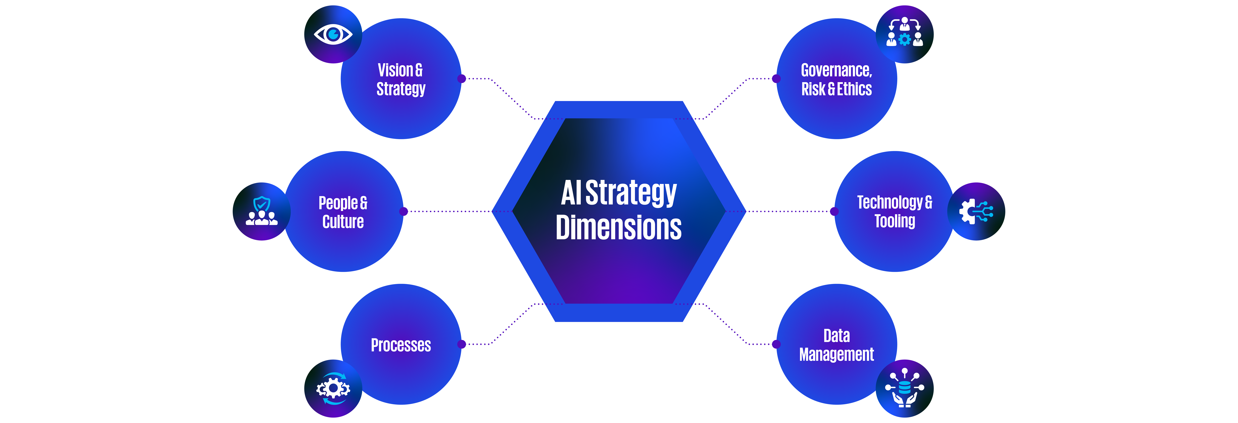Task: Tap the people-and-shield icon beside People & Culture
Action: pos(261,211)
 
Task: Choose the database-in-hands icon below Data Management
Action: pos(904,387)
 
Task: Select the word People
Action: pos(338,203)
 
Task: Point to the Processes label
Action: pos(401,345)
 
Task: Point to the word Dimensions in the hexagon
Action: pos(619,228)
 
